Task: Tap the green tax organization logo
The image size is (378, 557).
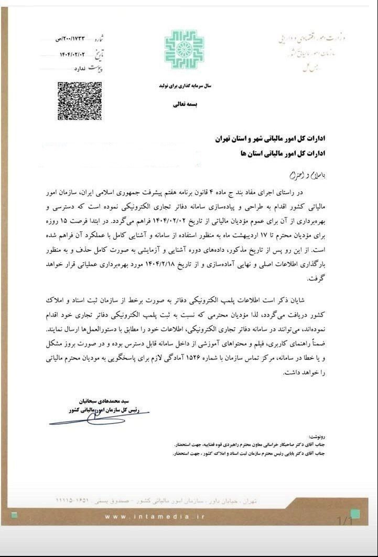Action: tap(183, 50)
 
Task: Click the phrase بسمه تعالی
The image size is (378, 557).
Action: tap(183, 104)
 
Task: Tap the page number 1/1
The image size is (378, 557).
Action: tap(344, 520)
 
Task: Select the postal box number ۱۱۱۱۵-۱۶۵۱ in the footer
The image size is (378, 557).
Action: tap(79, 500)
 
